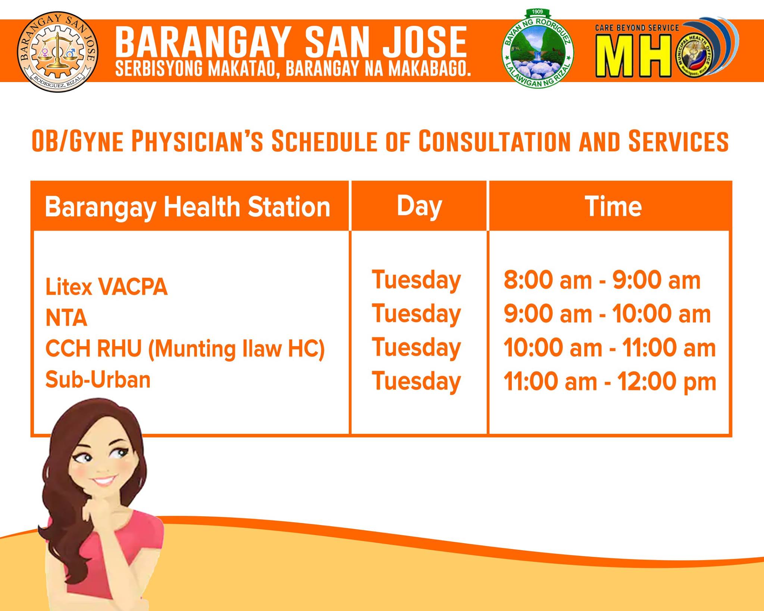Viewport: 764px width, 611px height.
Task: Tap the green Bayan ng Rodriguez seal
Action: pyautogui.click(x=538, y=49)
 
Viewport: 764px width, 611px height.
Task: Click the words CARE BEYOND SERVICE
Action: pyautogui.click(x=637, y=28)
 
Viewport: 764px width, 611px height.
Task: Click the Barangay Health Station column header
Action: pyautogui.click(x=188, y=207)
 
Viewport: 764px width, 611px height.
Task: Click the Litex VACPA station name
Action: pyautogui.click(x=107, y=287)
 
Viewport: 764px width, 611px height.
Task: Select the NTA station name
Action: pyautogui.click(x=66, y=318)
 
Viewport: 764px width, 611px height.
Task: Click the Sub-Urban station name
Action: pyautogui.click(x=98, y=380)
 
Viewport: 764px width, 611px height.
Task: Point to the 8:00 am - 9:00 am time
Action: pyautogui.click(x=602, y=280)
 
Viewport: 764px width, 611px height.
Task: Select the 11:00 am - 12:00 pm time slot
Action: pyautogui.click(x=610, y=382)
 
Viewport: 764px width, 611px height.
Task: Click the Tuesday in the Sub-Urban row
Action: pyautogui.click(x=416, y=382)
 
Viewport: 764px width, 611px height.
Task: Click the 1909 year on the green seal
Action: pyautogui.click(x=537, y=12)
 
